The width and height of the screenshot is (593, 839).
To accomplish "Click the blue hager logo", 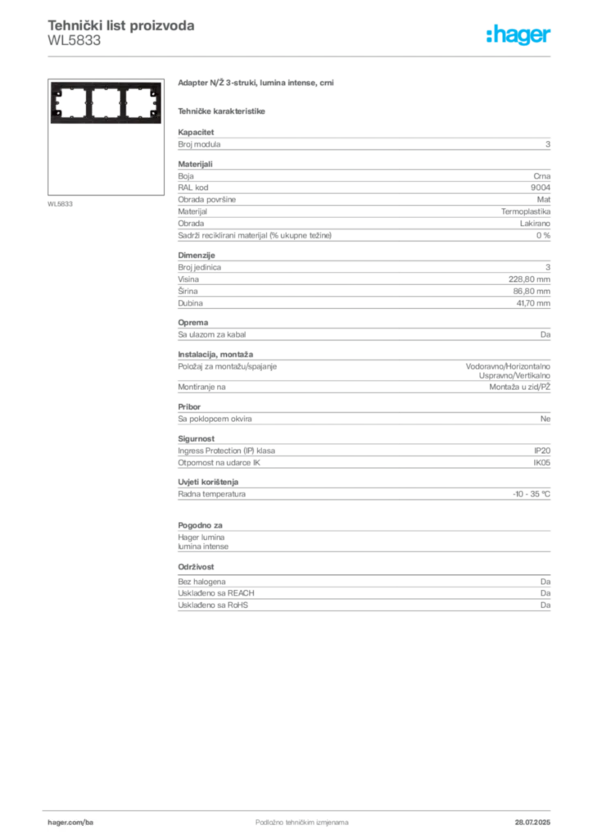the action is [519, 35].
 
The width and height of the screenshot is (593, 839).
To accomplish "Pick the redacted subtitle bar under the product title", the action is [222, 110].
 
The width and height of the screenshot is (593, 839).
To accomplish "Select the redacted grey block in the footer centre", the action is [291, 819].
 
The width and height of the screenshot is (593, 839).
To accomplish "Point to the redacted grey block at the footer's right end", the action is [538, 819].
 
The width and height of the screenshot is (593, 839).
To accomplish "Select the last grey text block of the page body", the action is [363, 596].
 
